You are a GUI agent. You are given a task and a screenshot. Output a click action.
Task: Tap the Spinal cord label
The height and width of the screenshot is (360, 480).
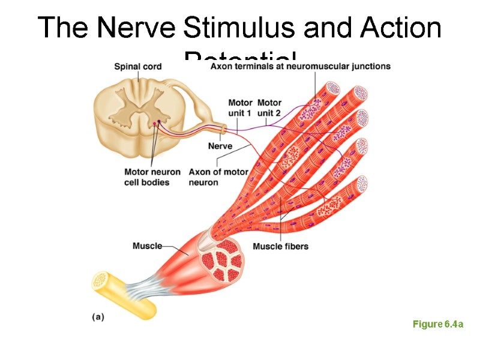pyautogui.click(x=137, y=67)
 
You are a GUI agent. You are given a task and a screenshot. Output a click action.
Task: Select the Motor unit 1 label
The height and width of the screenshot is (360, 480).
pyautogui.click(x=239, y=107)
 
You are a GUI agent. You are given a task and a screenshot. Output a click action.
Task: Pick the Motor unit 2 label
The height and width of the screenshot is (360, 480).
pyautogui.click(x=269, y=107)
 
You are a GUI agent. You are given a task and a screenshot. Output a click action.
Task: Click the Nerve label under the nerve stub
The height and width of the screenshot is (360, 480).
pyautogui.click(x=220, y=146)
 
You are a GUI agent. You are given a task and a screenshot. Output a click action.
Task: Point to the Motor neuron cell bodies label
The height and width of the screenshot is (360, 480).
pyautogui.click(x=152, y=177)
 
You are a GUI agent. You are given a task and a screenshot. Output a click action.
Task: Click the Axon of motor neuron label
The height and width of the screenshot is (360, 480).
pyautogui.click(x=218, y=177)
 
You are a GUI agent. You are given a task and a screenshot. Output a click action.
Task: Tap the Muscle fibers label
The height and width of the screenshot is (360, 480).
pyautogui.click(x=280, y=246)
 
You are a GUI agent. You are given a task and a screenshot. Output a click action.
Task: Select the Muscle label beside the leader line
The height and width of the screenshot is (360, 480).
pyautogui.click(x=147, y=246)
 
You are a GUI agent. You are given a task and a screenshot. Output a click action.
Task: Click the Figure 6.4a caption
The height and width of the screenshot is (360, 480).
pyautogui.click(x=438, y=325)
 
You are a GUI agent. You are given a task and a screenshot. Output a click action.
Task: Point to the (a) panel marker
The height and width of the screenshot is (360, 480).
pyautogui.click(x=98, y=317)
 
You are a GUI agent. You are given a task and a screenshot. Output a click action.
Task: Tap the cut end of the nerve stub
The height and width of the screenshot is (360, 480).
pyautogui.click(x=224, y=129)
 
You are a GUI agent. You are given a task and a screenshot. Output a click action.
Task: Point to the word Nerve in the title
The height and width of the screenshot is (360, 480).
pyautogui.click(x=134, y=28)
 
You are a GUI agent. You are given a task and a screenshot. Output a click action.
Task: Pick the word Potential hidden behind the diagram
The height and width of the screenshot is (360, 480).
pyautogui.click(x=240, y=58)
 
